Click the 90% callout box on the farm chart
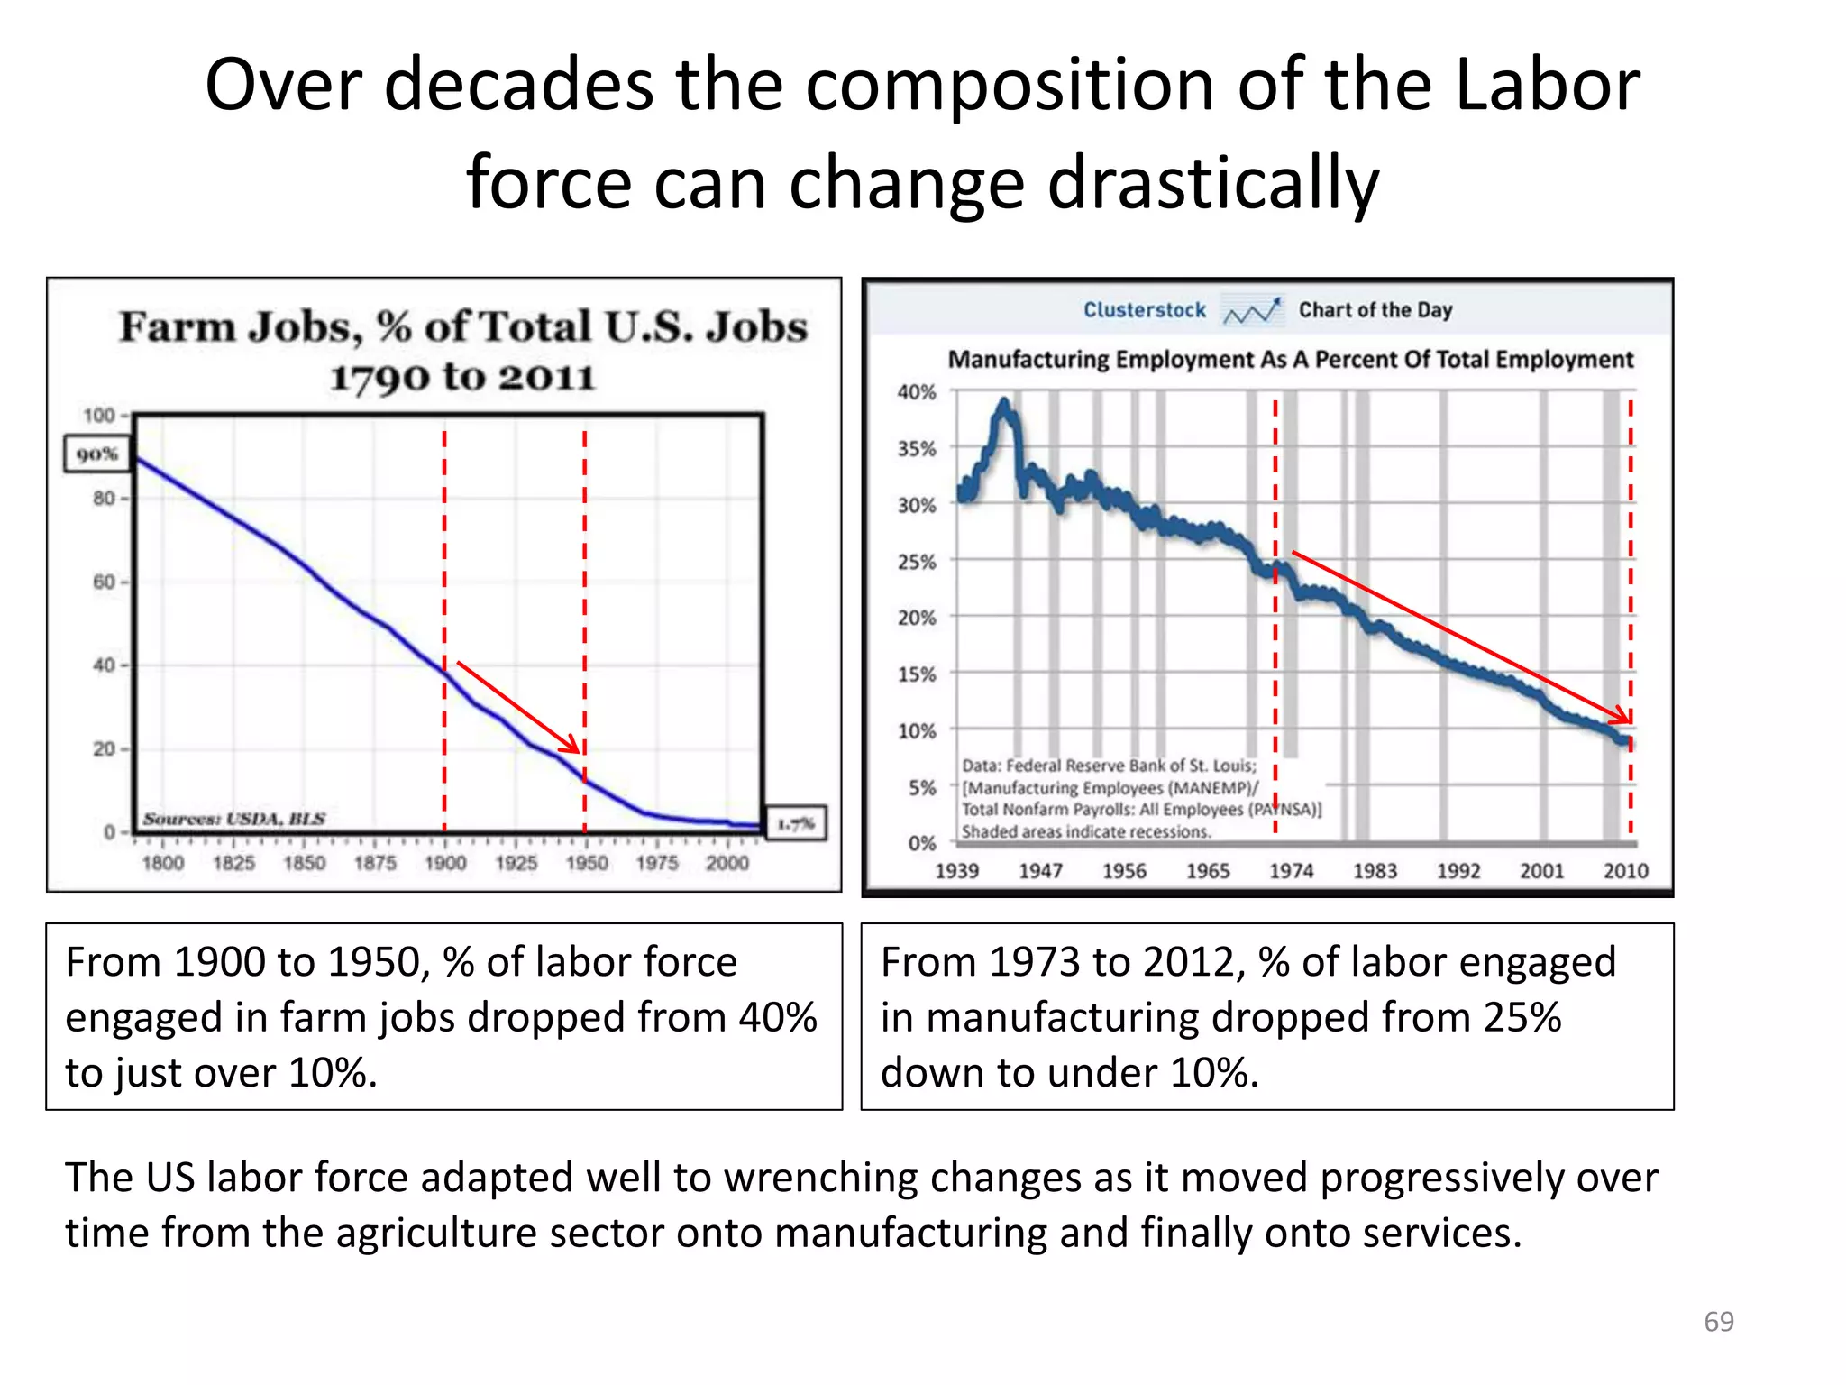(97, 454)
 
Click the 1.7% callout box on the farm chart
(795, 823)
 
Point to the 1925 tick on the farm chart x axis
(516, 863)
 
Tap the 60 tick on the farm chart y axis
(105, 582)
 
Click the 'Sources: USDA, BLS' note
(233, 819)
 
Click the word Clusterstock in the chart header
(1144, 310)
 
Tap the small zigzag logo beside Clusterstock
(1251, 311)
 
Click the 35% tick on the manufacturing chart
(917, 449)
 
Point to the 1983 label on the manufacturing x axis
(1375, 871)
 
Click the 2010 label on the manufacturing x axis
(1625, 871)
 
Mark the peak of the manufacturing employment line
(1004, 403)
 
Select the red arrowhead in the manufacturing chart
(1622, 716)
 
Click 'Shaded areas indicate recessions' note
(1085, 831)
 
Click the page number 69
(1718, 1322)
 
